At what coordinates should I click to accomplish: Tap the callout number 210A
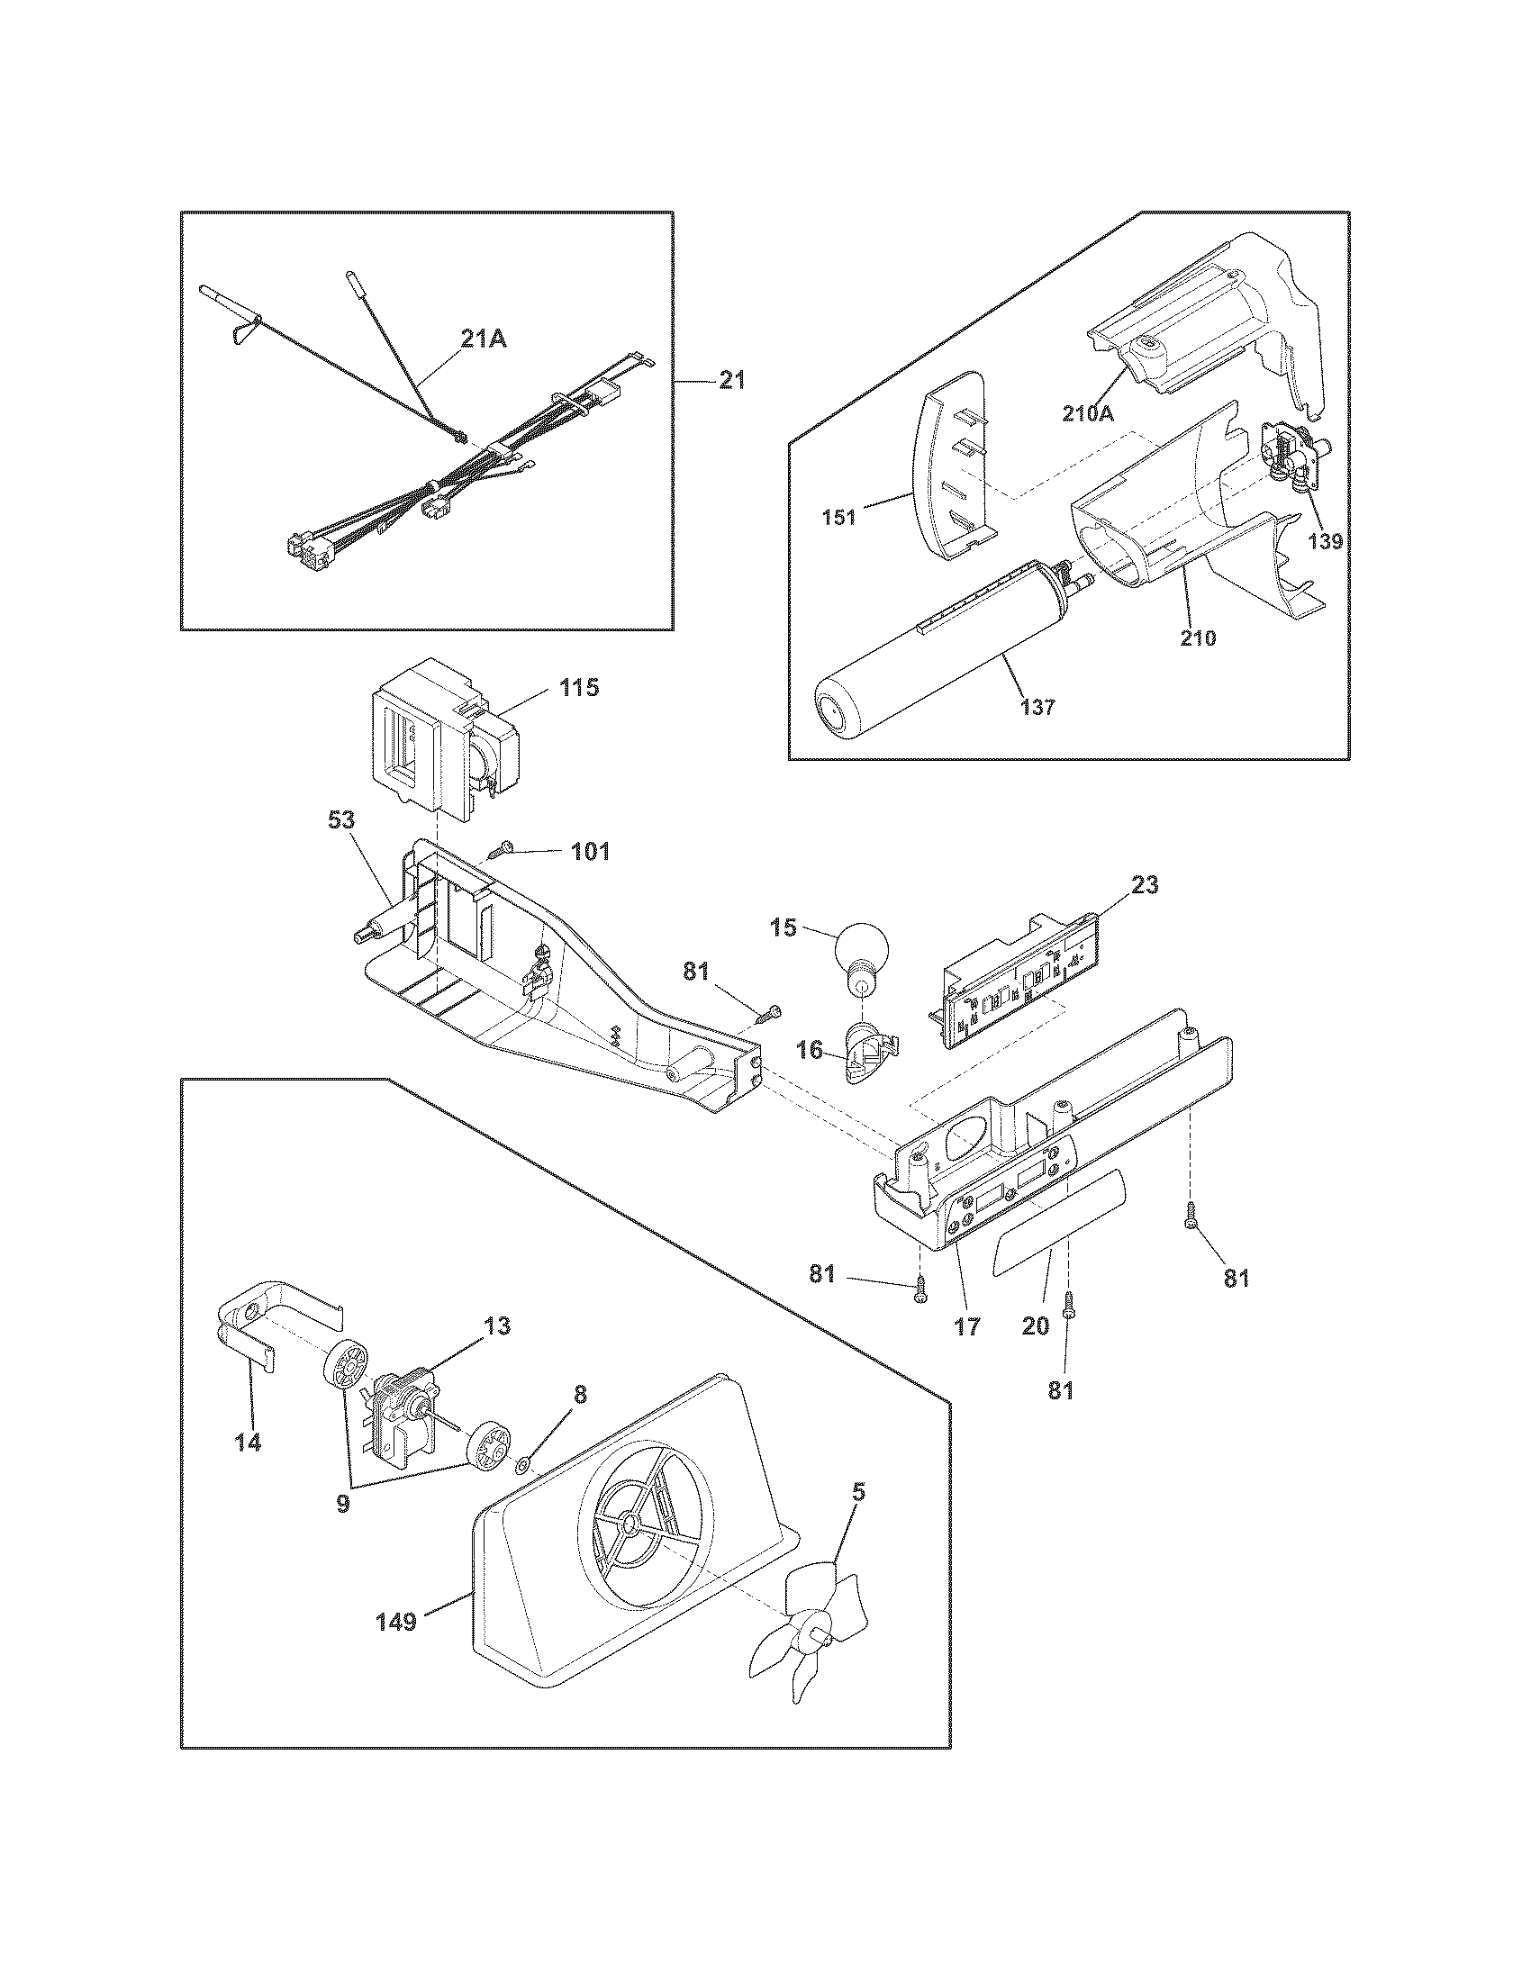(1089, 413)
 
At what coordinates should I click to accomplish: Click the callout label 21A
(483, 339)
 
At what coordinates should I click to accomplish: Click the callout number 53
(343, 820)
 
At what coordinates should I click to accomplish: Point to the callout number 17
(967, 1326)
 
